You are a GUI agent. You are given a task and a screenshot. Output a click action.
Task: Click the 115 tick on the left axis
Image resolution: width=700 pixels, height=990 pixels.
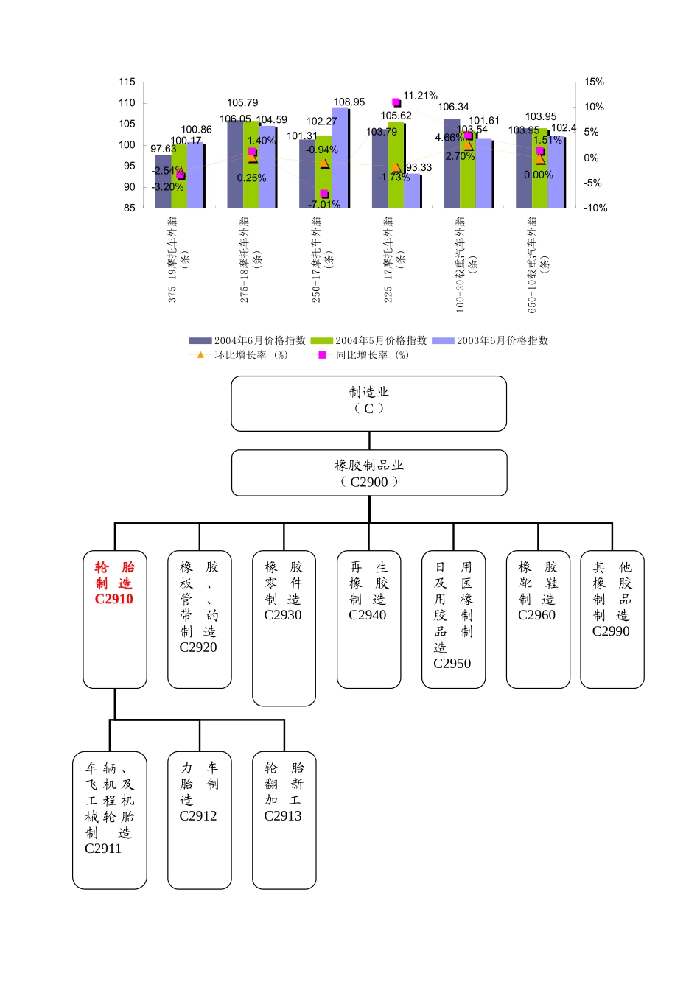127,82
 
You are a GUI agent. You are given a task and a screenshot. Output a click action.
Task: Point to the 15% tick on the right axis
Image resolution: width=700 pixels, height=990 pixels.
594,82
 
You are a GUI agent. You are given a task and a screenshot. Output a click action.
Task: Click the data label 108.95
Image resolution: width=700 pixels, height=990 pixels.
349,102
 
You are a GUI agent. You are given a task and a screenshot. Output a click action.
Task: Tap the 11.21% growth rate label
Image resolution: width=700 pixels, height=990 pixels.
420,96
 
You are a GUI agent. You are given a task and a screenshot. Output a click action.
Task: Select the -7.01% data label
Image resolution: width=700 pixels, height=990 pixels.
324,204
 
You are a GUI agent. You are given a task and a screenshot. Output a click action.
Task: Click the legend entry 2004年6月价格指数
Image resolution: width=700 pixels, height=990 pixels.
248,340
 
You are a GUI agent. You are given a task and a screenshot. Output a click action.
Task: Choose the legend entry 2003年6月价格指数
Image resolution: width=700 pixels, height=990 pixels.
490,340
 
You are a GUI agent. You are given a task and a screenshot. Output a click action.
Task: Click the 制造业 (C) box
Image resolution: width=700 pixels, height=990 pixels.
368,403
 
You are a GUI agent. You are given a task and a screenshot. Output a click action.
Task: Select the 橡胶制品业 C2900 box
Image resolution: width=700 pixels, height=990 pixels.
368,473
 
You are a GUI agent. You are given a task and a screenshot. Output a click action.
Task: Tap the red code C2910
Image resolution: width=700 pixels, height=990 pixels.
114,599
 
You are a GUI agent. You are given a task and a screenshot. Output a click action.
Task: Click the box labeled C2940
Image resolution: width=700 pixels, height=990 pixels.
368,619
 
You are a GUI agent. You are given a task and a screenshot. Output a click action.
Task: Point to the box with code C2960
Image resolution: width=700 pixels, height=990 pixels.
538,619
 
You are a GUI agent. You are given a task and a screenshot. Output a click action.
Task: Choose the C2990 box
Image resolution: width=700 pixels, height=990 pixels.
612,619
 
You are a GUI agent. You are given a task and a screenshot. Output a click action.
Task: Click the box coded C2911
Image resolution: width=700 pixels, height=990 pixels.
109,819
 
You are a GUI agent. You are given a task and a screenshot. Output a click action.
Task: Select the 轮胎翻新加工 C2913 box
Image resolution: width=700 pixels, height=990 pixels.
284,819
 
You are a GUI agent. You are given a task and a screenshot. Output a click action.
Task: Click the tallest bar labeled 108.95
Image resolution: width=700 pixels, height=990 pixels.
340,158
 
